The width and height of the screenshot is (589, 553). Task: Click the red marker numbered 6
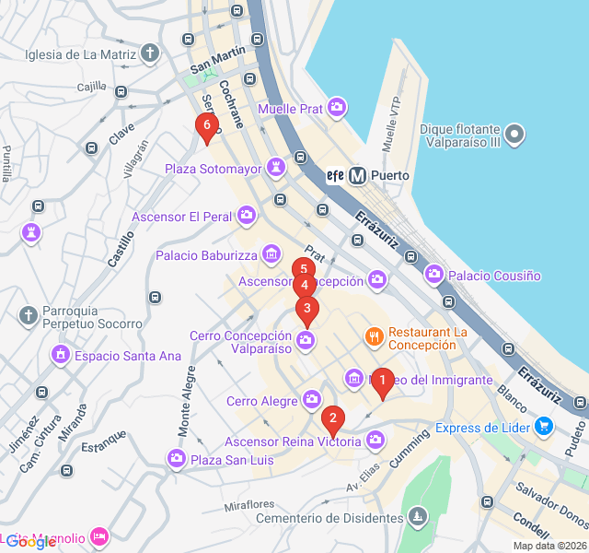(x=207, y=125)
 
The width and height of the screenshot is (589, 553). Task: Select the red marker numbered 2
(x=332, y=420)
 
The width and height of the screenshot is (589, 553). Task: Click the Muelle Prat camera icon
(x=337, y=109)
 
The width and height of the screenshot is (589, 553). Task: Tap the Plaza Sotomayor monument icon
(x=275, y=168)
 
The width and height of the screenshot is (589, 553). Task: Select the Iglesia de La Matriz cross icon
(x=151, y=53)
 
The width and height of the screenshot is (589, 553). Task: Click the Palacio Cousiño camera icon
(x=434, y=275)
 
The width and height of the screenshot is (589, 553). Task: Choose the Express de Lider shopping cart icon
(x=544, y=427)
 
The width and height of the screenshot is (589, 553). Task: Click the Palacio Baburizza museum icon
(x=271, y=253)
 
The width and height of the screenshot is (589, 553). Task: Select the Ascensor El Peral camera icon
(x=246, y=216)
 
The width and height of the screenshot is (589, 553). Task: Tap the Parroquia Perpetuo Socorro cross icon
(x=29, y=315)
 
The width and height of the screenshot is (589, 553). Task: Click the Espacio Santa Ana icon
(x=61, y=355)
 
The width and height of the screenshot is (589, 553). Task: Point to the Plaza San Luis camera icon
(x=177, y=458)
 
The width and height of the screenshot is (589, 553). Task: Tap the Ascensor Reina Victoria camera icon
(x=375, y=441)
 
